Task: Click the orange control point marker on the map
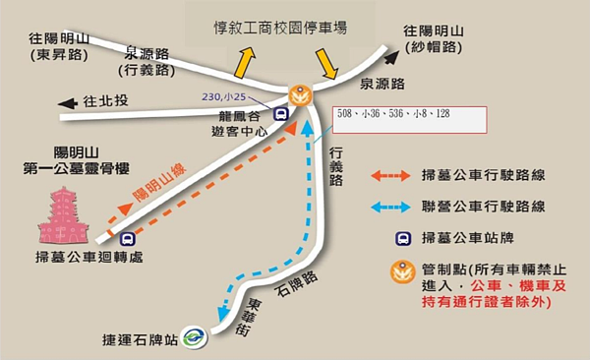coord(300,94)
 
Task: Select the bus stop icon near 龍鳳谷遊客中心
coord(281,112)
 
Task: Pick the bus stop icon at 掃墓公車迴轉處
coord(127,238)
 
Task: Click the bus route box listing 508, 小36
coord(409,118)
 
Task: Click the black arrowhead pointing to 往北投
coord(66,102)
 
